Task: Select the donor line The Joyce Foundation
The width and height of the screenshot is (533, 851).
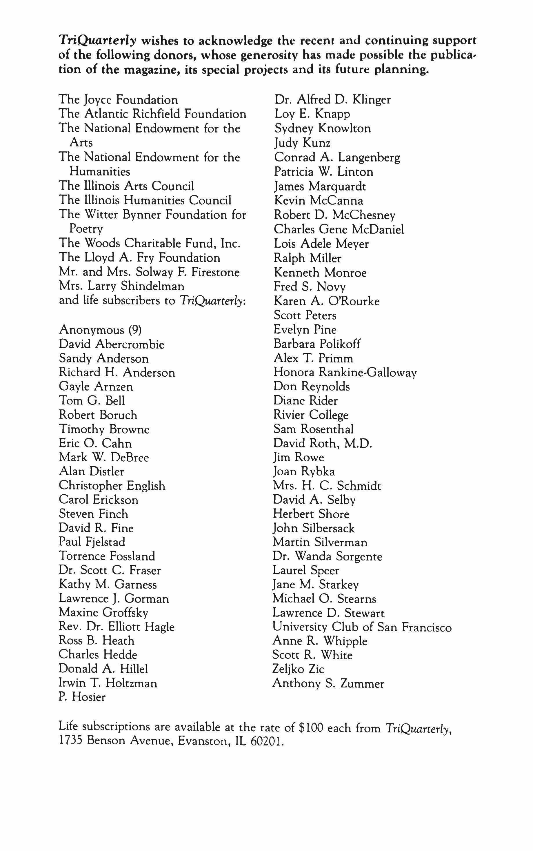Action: [x=119, y=100]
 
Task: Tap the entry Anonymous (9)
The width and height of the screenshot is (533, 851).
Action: [x=101, y=330]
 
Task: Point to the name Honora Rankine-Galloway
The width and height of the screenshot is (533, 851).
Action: [x=345, y=372]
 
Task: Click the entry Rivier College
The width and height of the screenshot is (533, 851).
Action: [x=311, y=415]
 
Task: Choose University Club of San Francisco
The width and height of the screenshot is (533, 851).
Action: [x=362, y=627]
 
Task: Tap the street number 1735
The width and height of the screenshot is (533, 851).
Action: [x=70, y=741]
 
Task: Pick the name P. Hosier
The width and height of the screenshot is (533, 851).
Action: [x=82, y=697]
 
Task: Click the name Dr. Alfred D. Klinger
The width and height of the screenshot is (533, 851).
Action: [x=333, y=100]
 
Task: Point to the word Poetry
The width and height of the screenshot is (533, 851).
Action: [x=86, y=229]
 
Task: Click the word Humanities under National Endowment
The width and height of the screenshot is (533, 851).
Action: [x=100, y=171]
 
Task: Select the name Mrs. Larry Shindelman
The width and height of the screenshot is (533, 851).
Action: [x=122, y=286]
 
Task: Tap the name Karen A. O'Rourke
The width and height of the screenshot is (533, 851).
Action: [x=327, y=301]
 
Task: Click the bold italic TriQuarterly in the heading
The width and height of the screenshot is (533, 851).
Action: [x=97, y=41]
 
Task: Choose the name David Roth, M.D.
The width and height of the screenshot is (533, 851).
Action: [x=323, y=443]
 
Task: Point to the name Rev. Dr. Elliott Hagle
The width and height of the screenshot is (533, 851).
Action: [x=117, y=627]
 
